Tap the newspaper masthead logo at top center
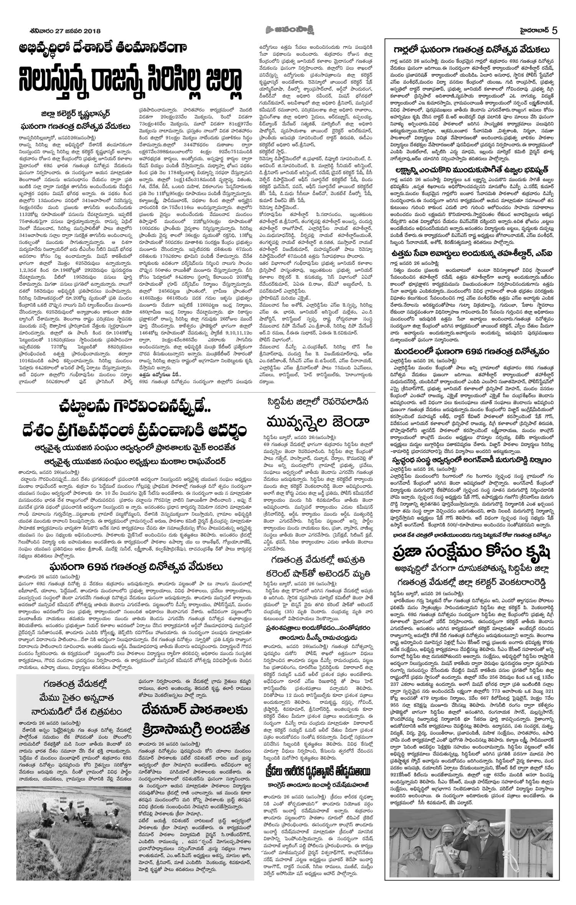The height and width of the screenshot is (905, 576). coord(288,31)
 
